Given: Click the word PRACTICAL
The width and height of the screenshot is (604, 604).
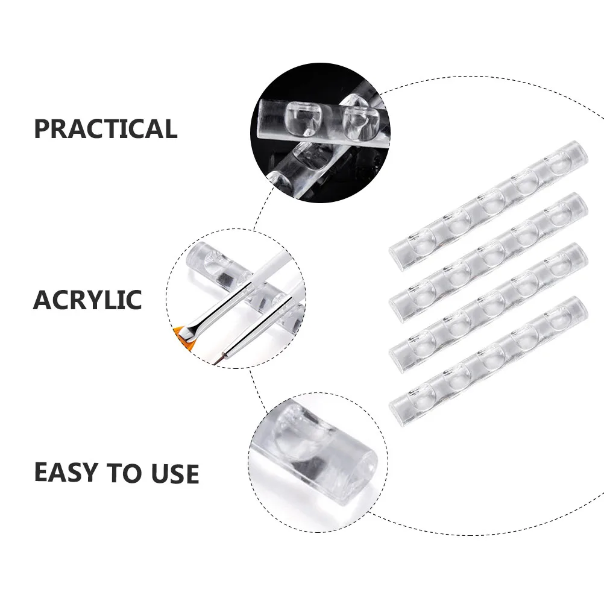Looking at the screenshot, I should coord(105,129).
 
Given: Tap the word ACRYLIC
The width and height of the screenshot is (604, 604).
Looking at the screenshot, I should coord(87,300).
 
